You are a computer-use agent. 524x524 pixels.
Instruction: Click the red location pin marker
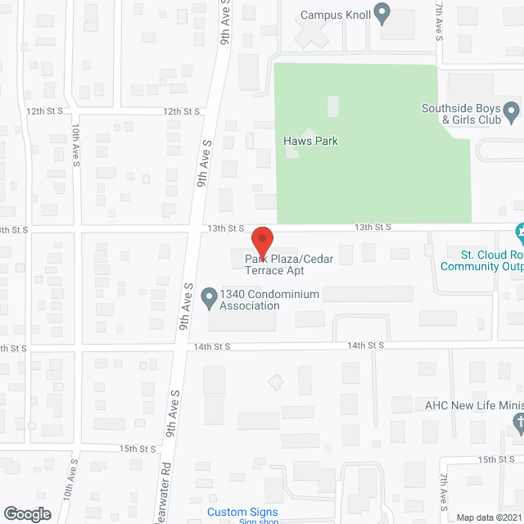point(261,241)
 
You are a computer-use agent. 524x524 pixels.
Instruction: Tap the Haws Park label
point(310,141)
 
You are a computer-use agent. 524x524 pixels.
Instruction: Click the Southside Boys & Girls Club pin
point(512,109)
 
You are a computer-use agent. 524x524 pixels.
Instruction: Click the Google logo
point(27,513)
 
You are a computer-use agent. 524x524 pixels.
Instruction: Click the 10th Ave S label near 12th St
point(75,147)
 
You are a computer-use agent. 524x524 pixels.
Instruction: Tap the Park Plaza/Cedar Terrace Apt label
point(289,265)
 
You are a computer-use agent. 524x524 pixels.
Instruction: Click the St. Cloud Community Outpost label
point(481,260)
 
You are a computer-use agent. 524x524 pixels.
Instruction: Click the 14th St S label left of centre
point(214,346)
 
